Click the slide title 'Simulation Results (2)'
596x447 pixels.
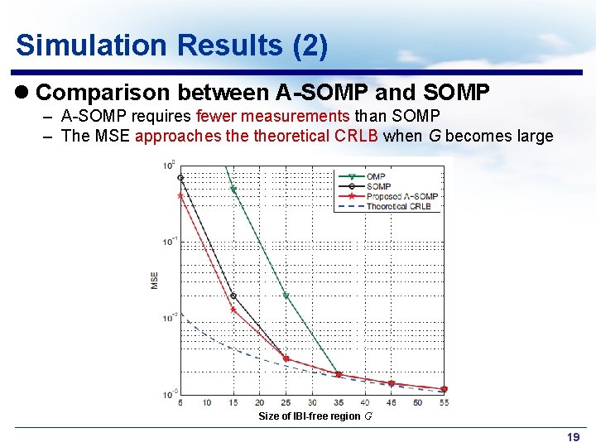point(171,45)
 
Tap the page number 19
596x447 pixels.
point(573,437)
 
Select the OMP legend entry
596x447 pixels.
point(376,176)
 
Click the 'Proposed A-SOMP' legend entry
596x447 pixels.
point(401,196)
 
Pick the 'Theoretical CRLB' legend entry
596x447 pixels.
point(398,206)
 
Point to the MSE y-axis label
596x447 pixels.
point(155,281)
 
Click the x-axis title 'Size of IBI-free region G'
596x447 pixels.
point(315,416)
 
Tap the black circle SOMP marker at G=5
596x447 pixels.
point(180,177)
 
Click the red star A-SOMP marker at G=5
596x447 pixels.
point(180,196)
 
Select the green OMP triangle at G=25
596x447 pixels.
point(286,296)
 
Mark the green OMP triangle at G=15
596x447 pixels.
point(233,190)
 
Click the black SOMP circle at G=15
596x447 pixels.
point(233,296)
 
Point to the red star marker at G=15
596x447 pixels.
point(233,310)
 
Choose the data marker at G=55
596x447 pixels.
point(444,389)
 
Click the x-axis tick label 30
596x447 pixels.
point(312,402)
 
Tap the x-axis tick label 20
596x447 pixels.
point(259,402)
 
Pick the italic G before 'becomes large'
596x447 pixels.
point(434,136)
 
